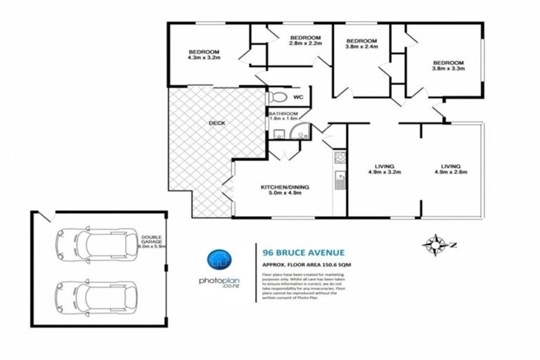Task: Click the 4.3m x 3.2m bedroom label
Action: coord(204,56)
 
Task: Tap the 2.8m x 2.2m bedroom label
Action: coord(305,41)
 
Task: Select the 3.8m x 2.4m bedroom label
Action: coord(361,44)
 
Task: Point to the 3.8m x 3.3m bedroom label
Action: coord(448,65)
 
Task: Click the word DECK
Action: coord(217,124)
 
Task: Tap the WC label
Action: coord(297,97)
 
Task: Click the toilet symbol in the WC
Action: coord(277,97)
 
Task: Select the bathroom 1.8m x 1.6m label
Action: coord(284,116)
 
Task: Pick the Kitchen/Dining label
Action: coord(285,191)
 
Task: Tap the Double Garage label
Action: coord(152,242)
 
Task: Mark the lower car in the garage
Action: coord(96,296)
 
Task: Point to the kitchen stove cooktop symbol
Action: coord(339,157)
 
